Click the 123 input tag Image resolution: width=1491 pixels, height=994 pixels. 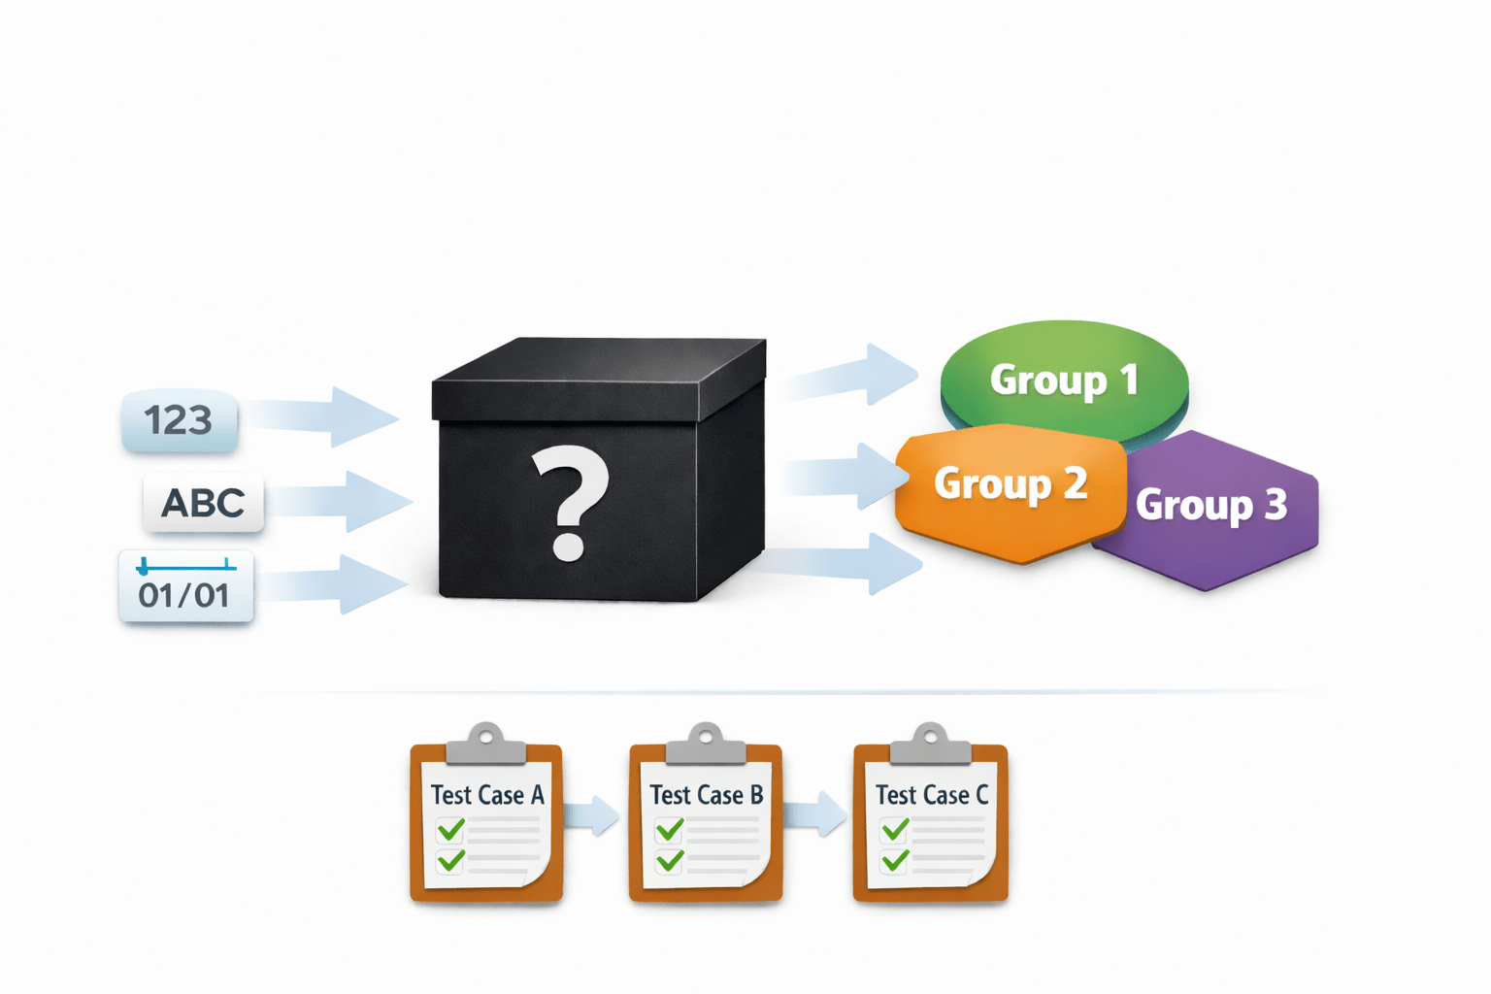(x=180, y=421)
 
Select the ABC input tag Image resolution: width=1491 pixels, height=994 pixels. (x=203, y=503)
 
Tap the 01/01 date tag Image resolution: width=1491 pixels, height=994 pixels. (x=185, y=587)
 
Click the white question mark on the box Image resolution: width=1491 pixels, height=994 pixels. (x=571, y=501)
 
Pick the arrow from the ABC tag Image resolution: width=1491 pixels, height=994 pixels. (x=345, y=501)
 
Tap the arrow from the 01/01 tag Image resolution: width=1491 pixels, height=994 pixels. (x=335, y=584)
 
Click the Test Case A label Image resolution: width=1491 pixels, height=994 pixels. (x=487, y=795)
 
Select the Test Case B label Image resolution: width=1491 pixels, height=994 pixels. (x=706, y=795)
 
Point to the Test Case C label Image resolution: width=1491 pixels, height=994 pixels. (x=931, y=795)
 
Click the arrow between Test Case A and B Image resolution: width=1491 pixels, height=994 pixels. (x=592, y=814)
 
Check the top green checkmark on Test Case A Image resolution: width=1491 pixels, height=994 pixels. (x=450, y=830)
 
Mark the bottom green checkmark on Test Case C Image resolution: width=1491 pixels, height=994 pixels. (x=895, y=860)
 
